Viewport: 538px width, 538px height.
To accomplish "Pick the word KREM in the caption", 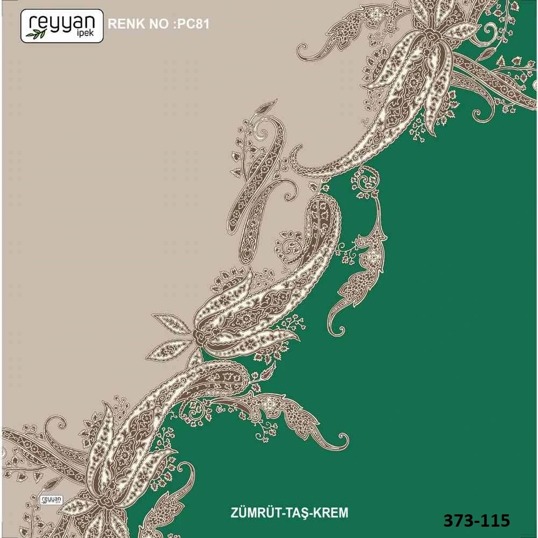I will tap(330, 513).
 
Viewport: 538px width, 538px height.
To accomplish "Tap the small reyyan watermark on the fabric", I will tap(52, 500).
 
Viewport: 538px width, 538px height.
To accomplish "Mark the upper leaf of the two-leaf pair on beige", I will tap(172, 323).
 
